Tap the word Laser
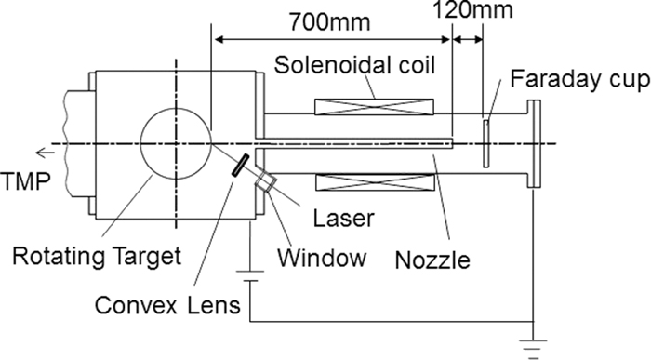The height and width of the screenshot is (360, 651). click(x=344, y=219)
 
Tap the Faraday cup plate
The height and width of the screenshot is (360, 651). click(x=486, y=143)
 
